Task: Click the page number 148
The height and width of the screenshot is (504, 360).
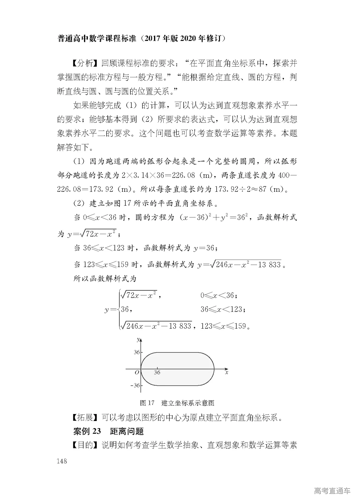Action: [62, 461]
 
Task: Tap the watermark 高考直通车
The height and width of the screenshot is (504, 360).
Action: [332, 491]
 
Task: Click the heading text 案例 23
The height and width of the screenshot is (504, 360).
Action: [87, 431]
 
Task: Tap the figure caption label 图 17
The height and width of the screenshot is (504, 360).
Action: [147, 403]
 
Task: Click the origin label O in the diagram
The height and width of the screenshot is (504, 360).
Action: [137, 372]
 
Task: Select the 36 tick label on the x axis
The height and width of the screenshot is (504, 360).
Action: [157, 372]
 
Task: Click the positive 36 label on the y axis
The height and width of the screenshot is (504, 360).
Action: [137, 352]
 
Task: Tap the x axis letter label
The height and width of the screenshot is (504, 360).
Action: [227, 372]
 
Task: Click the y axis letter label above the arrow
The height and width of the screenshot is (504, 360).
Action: [138, 340]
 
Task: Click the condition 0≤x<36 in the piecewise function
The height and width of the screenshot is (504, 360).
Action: [219, 295]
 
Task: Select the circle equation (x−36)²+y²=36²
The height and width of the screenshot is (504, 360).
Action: [217, 218]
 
